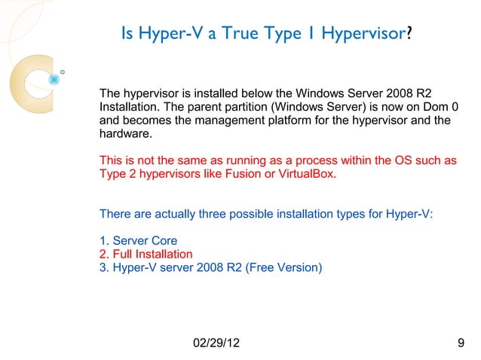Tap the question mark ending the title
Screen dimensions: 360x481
pyautogui.click(x=409, y=34)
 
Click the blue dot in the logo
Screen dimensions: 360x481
pyautogui.click(x=54, y=78)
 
